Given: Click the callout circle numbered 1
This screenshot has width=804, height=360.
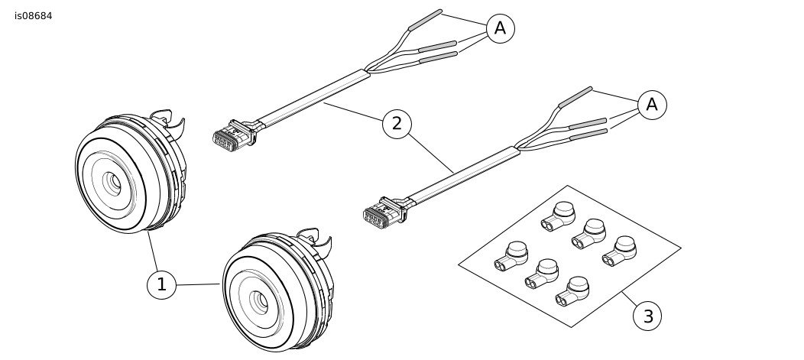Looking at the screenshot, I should (x=161, y=285).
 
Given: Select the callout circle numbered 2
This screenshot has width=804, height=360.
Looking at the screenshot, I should (x=397, y=123).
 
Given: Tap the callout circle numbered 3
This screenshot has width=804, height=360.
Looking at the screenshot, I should (x=647, y=315).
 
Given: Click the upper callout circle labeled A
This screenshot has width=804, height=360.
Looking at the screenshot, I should (x=500, y=28).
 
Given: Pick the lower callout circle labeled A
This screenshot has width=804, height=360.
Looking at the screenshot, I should (x=651, y=105).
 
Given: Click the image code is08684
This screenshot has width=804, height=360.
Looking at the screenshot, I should (x=33, y=16).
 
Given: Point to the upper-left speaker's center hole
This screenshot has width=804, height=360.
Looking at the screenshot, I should (x=115, y=183).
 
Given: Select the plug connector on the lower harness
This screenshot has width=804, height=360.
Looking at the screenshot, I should (x=382, y=212).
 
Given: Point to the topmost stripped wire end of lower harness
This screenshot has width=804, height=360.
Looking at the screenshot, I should (x=576, y=96).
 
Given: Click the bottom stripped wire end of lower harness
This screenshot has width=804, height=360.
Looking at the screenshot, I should (x=589, y=135).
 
